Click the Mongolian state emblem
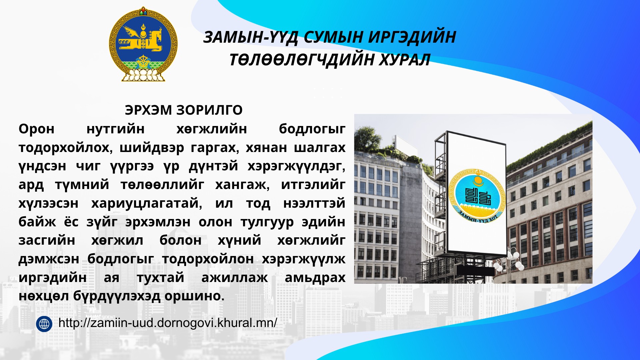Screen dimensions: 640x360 click(143, 44)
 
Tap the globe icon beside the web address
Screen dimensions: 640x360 click(44, 324)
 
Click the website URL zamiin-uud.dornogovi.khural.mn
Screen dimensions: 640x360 click(168, 323)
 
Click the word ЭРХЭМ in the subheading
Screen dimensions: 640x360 click(148, 110)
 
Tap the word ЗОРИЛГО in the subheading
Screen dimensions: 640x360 click(209, 110)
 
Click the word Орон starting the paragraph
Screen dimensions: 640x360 click(37, 129)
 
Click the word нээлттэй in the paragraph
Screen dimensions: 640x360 click(314, 203)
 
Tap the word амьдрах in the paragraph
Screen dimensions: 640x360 click(315, 278)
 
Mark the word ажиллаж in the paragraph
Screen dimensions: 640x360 click(235, 278)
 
